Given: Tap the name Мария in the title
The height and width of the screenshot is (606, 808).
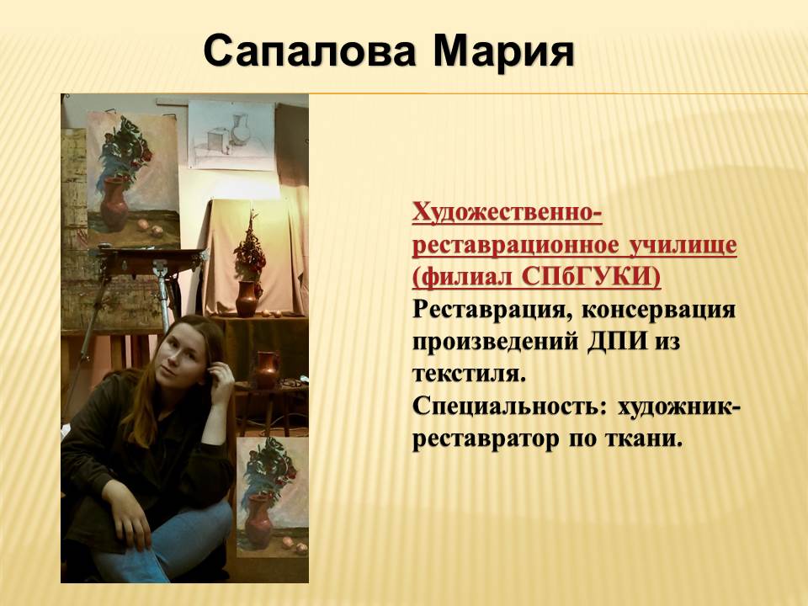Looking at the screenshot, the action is click(x=503, y=52).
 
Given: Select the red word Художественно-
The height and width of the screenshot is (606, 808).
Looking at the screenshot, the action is click(x=507, y=212).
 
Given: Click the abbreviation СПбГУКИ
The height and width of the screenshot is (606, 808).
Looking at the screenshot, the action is click(x=591, y=277).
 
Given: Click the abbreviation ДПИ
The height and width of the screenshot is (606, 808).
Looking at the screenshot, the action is click(x=617, y=343).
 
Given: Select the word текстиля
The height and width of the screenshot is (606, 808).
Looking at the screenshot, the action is click(x=469, y=375).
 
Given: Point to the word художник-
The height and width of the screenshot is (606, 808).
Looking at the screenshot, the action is click(x=679, y=407).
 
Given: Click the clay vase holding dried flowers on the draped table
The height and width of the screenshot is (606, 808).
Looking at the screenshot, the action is click(x=247, y=298).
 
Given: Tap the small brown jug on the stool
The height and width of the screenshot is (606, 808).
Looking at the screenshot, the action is click(x=267, y=369).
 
